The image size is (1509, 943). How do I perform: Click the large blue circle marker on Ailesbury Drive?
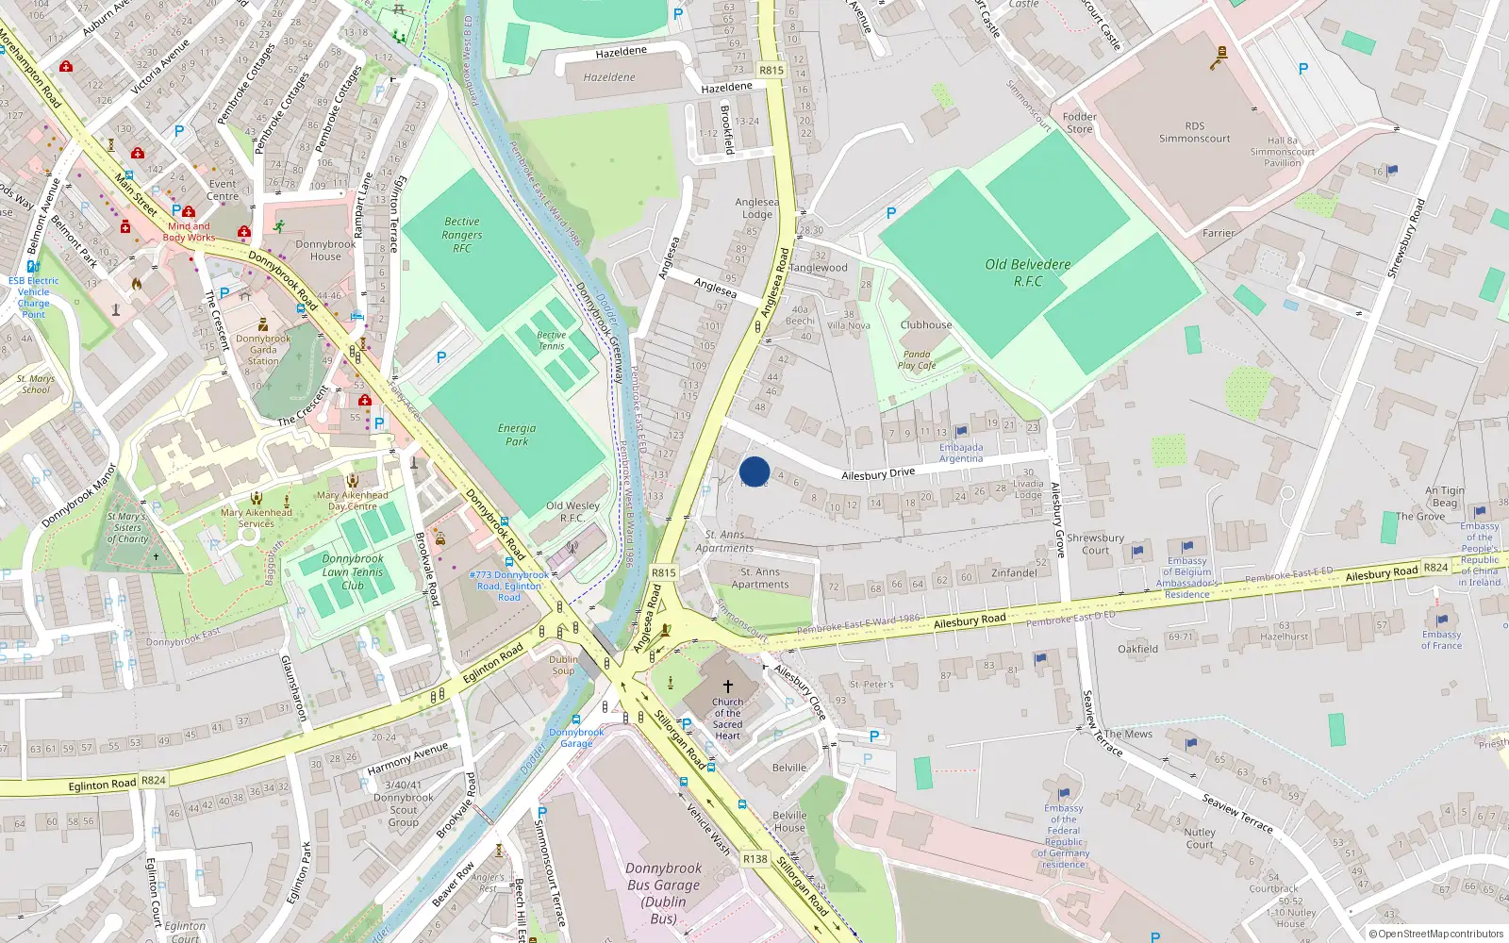point(754,471)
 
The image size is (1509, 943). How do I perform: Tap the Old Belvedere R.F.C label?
point(1027,273)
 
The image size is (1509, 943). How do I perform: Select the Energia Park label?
point(517,434)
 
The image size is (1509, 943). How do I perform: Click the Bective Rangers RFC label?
point(461,235)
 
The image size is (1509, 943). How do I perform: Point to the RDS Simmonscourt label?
point(1194,132)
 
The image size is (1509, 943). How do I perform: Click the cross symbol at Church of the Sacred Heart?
point(727,687)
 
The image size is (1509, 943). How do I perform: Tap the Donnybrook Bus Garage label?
point(664,893)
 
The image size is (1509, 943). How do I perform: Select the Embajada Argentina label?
point(960,453)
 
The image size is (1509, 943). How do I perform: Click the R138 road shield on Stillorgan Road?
point(754,859)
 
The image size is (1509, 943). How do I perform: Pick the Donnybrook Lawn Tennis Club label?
point(353,571)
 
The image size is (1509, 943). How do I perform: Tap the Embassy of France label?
point(1441,639)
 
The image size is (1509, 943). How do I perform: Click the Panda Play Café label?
point(917,360)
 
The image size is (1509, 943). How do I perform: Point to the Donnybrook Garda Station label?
point(263,349)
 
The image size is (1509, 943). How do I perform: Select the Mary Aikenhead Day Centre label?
point(352,500)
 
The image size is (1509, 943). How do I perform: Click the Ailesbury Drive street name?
point(877,474)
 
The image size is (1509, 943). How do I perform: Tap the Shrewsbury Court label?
point(1095,544)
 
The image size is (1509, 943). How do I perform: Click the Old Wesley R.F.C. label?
point(572,511)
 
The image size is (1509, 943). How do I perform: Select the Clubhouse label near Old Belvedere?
point(925,324)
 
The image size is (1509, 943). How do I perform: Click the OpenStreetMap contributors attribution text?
point(1436,934)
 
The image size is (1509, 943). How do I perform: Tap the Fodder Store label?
point(1079,123)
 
